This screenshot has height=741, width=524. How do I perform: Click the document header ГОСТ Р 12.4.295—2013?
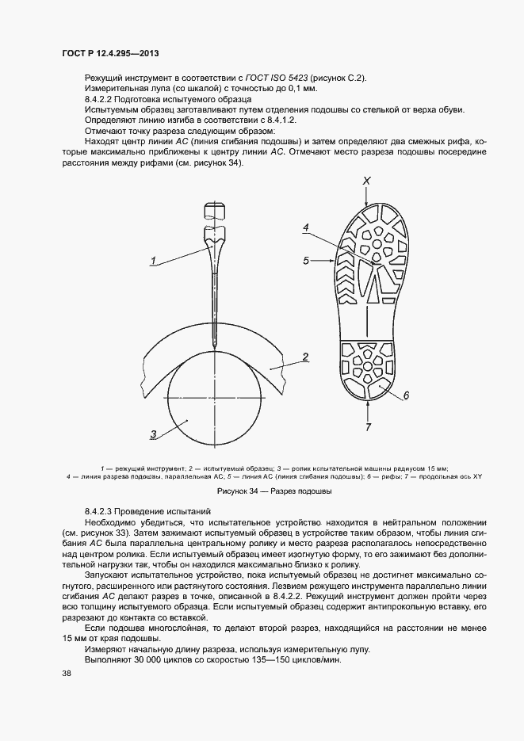(110, 52)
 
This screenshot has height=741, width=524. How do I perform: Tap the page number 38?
(66, 673)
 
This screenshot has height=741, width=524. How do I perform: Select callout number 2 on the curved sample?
(304, 358)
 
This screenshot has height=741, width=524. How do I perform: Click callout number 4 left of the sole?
(304, 227)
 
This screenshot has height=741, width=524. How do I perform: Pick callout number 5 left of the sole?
(304, 259)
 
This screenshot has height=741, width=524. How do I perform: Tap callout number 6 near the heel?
(405, 395)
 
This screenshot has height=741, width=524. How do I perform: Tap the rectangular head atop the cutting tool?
(213, 211)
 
